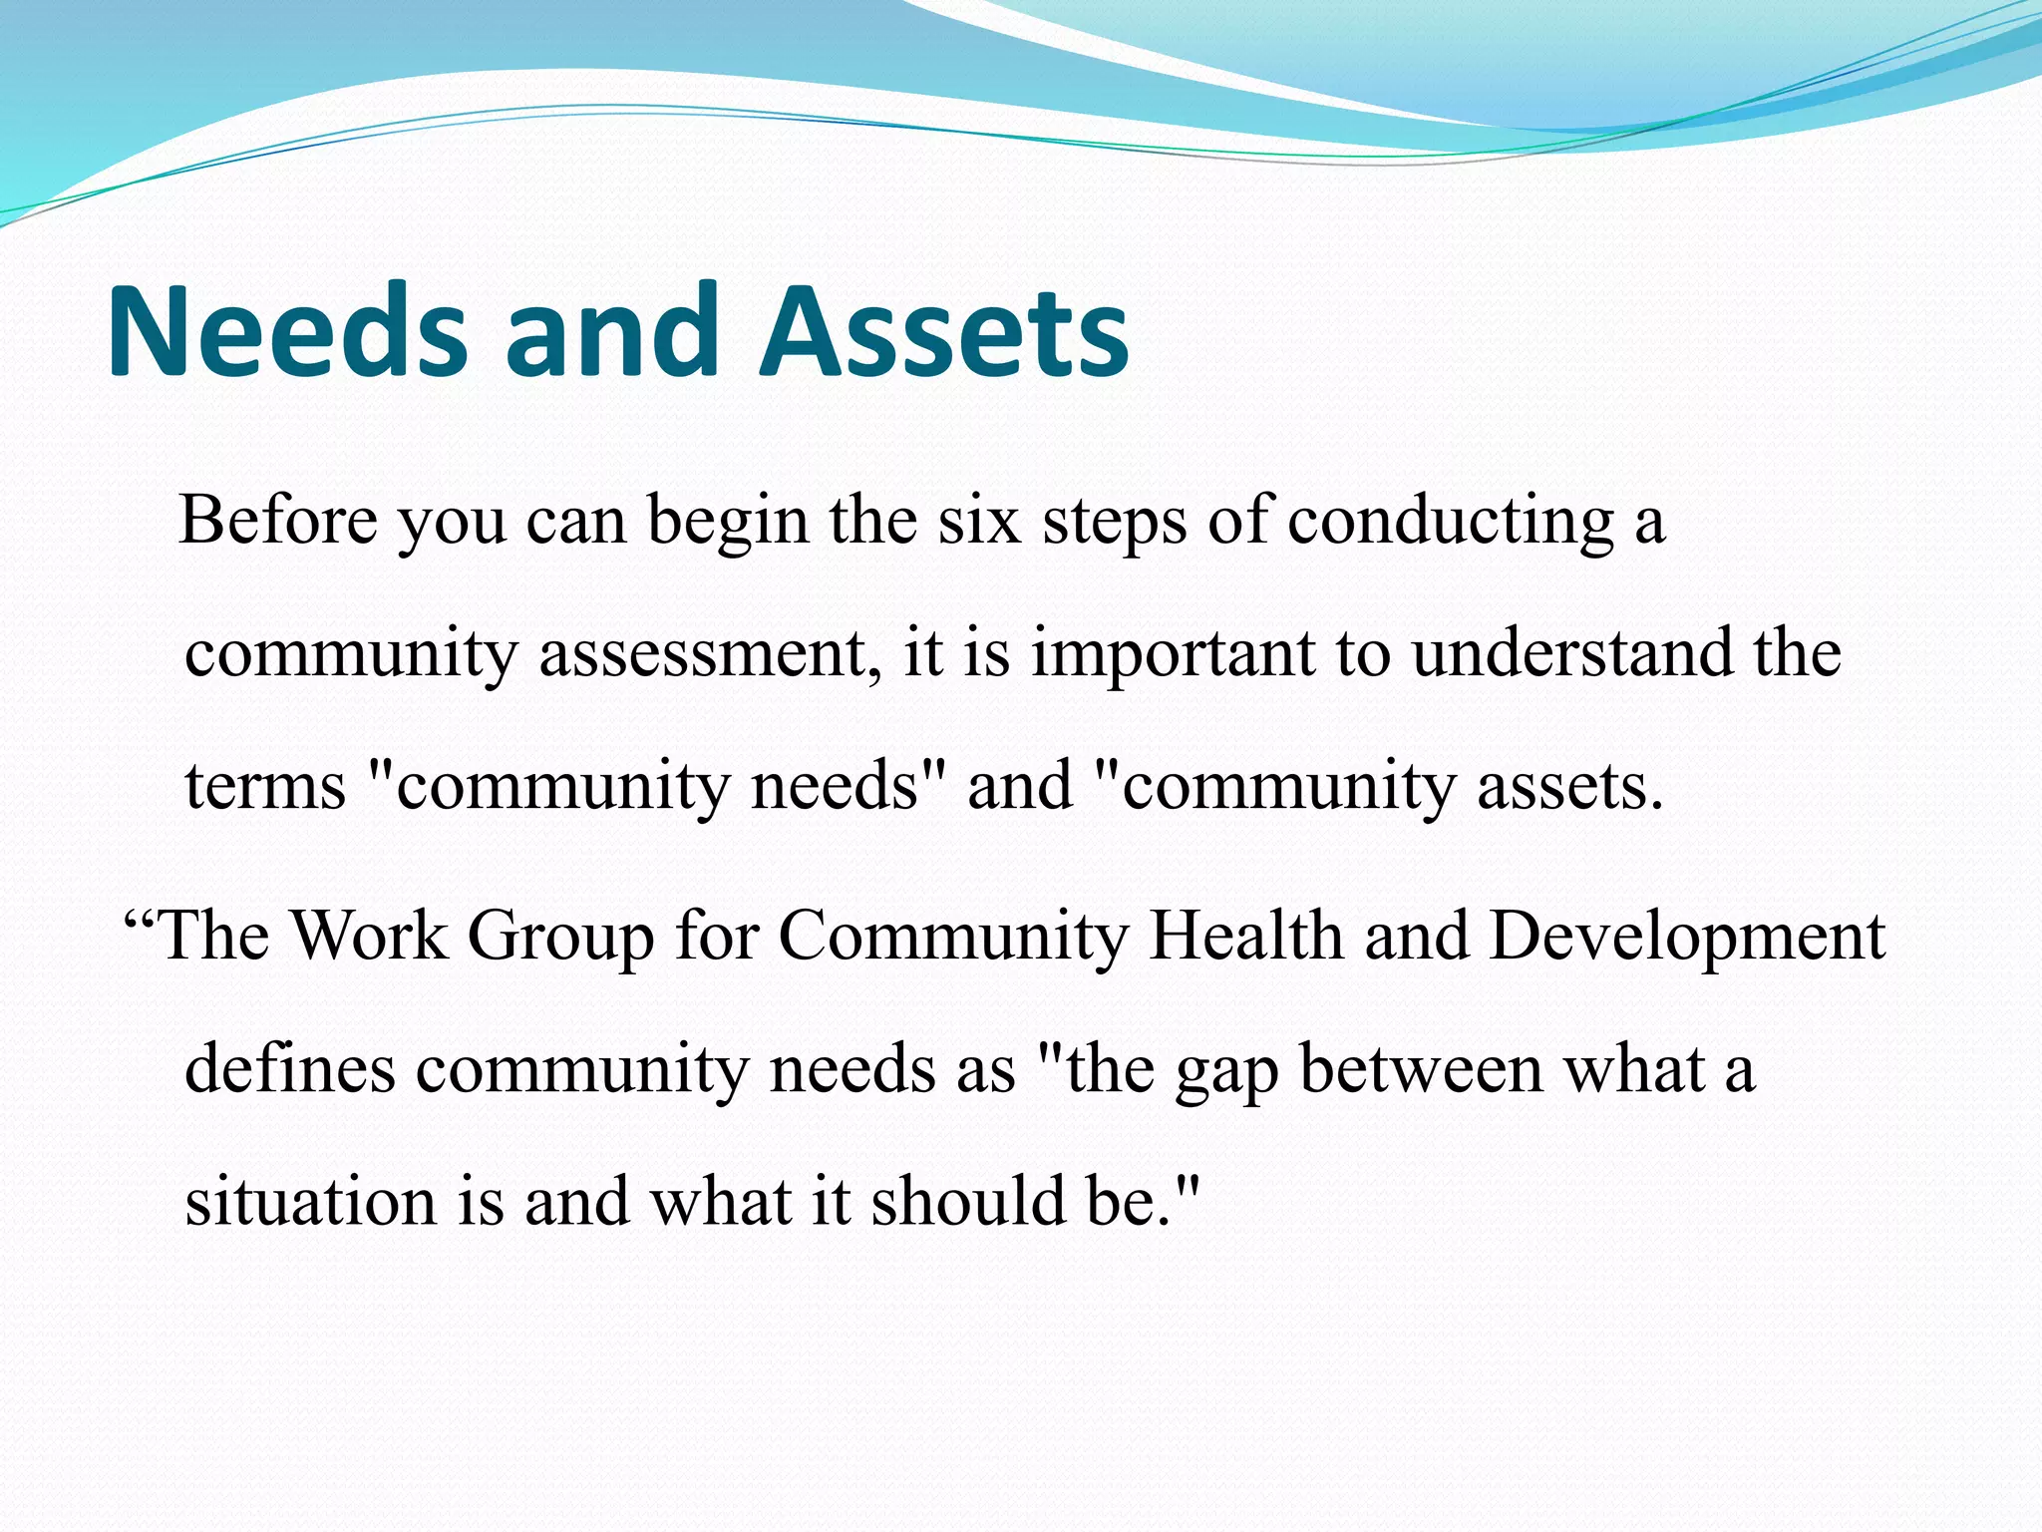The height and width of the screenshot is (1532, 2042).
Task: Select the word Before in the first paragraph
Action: tap(278, 521)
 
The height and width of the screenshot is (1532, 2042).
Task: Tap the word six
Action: tap(979, 521)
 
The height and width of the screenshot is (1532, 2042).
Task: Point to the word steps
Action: tap(1114, 523)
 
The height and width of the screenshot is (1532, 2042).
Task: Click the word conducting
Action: tap(1450, 523)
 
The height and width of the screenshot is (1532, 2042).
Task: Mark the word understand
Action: tap(1572, 654)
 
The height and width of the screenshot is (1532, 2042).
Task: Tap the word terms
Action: tap(265, 786)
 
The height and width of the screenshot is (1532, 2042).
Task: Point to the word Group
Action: tap(560, 938)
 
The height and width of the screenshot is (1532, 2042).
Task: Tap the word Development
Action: tap(1687, 938)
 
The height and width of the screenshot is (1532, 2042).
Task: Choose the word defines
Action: tap(290, 1069)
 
